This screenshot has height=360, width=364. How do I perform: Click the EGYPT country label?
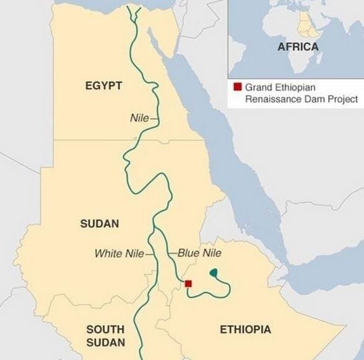tap(103, 85)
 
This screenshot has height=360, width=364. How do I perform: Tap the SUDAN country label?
tap(99, 223)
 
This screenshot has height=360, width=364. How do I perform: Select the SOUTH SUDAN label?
tap(105, 336)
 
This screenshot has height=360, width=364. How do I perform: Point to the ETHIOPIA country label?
tap(245, 330)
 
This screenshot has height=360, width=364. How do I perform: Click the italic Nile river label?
tap(139, 118)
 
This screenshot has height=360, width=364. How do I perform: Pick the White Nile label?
tap(119, 254)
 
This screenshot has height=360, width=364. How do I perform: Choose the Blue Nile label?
tap(199, 253)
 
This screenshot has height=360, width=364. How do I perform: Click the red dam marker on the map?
tap(189, 284)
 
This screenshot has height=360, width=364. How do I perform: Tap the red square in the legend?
tap(236, 87)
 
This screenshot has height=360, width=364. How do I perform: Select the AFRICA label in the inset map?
tap(298, 47)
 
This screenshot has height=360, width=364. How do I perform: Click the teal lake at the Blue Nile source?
tap(214, 272)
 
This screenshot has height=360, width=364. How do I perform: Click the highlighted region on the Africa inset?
tap(305, 25)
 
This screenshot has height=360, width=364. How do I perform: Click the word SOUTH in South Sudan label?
tap(105, 330)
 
